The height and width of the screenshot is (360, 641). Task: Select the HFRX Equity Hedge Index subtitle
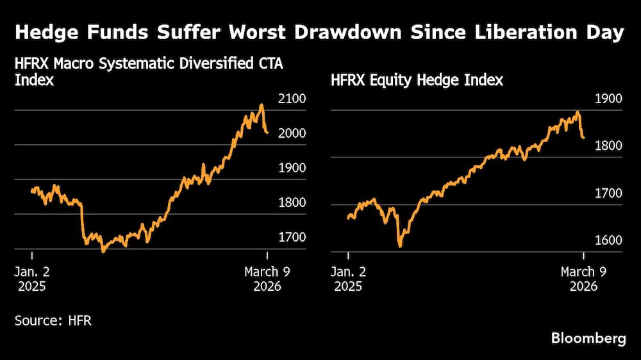pyautogui.click(x=417, y=80)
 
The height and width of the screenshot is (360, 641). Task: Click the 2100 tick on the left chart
pyautogui.click(x=292, y=99)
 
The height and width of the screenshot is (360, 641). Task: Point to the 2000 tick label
pyautogui.click(x=292, y=134)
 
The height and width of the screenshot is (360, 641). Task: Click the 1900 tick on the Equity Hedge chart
pyautogui.click(x=608, y=99)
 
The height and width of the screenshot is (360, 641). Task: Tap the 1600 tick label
pyautogui.click(x=608, y=241)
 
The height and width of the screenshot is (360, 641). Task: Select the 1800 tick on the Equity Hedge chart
pyautogui.click(x=608, y=147)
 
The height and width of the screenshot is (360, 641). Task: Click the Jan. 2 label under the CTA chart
pyautogui.click(x=32, y=272)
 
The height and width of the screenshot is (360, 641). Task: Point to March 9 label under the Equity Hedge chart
pyautogui.click(x=583, y=272)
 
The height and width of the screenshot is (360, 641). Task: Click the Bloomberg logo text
pyautogui.click(x=588, y=339)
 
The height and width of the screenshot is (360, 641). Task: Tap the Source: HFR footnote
pyautogui.click(x=53, y=320)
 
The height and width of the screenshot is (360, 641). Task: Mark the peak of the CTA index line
pyautogui.click(x=262, y=104)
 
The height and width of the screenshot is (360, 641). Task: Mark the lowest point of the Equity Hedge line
pyautogui.click(x=400, y=246)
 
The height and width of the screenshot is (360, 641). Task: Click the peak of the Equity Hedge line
pyautogui.click(x=578, y=111)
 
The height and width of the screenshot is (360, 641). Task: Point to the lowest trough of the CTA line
pyautogui.click(x=103, y=251)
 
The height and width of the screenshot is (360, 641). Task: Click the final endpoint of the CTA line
pyautogui.click(x=267, y=133)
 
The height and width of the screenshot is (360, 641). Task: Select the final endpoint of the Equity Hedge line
pyautogui.click(x=583, y=138)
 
